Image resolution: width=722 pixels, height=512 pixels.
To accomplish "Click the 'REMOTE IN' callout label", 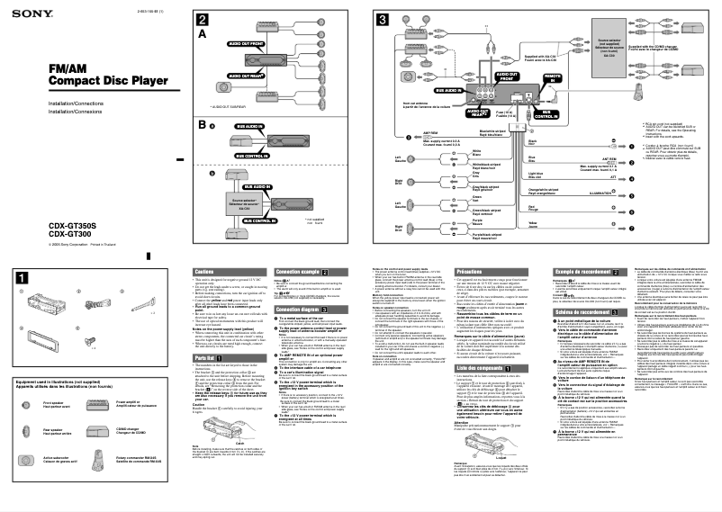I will point(553,78).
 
